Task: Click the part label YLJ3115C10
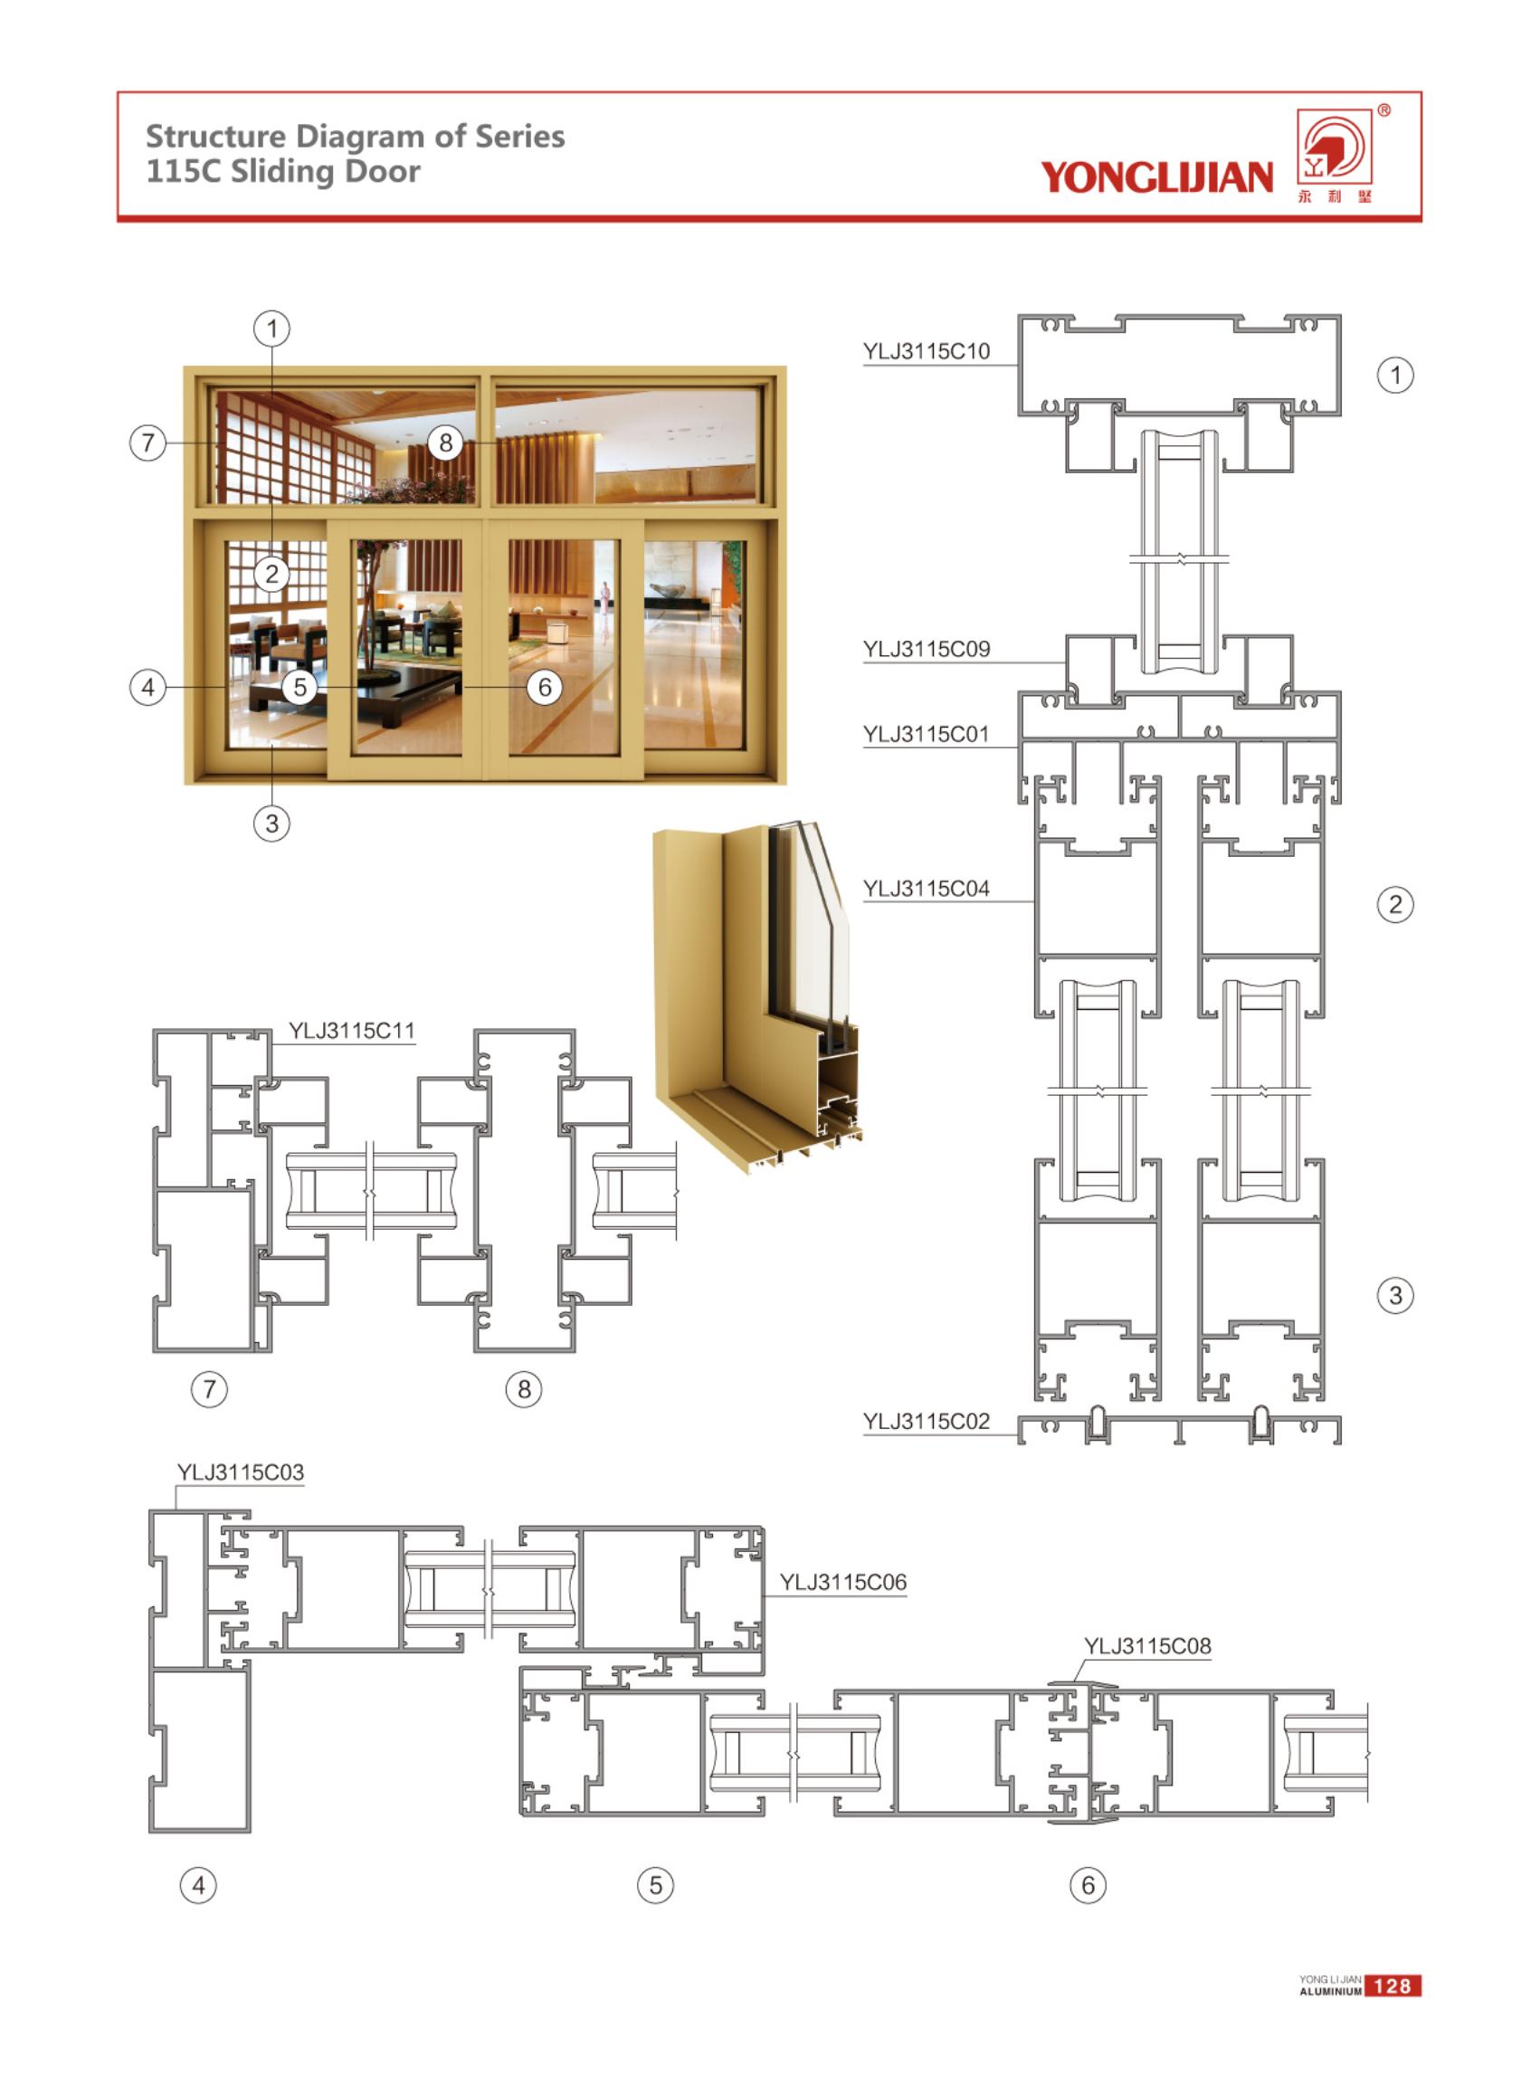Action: pyautogui.click(x=926, y=351)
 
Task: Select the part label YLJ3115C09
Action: pyautogui.click(x=926, y=648)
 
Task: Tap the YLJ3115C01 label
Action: pyautogui.click(x=926, y=734)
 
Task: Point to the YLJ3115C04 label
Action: pyautogui.click(x=926, y=889)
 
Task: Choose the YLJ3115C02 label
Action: pyautogui.click(x=926, y=1421)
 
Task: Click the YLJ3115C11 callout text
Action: pyautogui.click(x=351, y=1030)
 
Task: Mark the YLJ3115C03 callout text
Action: pyautogui.click(x=241, y=1472)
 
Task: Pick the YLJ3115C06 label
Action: pyautogui.click(x=842, y=1581)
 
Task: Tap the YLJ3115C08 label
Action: pyautogui.click(x=1147, y=1645)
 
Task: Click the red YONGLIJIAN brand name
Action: pyautogui.click(x=1156, y=176)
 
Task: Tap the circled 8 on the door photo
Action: pyautogui.click(x=445, y=442)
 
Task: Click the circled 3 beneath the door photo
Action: pyautogui.click(x=272, y=824)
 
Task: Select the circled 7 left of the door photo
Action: pyautogui.click(x=147, y=442)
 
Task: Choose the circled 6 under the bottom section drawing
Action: pyautogui.click(x=1088, y=1885)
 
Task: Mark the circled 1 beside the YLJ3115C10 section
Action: pyautogui.click(x=1394, y=375)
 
